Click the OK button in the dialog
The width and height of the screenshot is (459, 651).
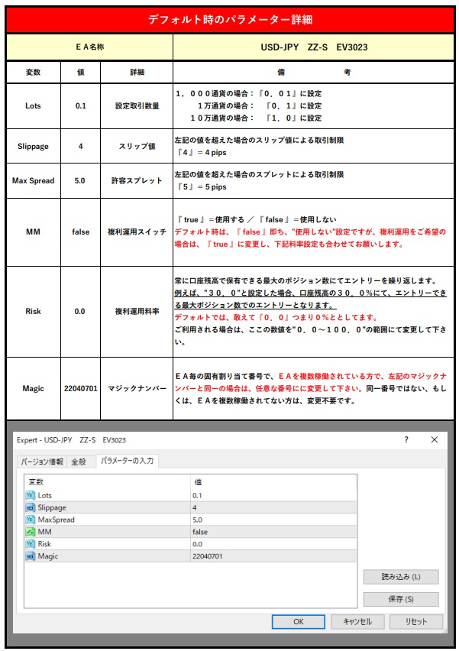[x=298, y=621]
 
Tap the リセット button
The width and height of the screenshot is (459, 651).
[x=416, y=621]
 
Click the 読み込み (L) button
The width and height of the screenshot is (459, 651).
[x=400, y=577]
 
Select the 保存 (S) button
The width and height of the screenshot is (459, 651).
[x=400, y=599]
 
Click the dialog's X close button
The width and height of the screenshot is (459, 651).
[x=434, y=440]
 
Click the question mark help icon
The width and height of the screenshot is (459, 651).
[x=406, y=440]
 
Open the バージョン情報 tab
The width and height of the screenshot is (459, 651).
[x=43, y=462]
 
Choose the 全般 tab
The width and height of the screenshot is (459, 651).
[x=79, y=462]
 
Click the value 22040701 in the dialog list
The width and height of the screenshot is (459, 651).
[x=208, y=556]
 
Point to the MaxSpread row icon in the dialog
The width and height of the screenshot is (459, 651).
[x=31, y=520]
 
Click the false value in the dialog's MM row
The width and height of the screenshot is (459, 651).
[x=200, y=532]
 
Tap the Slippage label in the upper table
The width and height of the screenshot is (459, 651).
[x=33, y=145]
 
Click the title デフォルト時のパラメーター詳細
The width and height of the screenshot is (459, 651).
[x=230, y=20]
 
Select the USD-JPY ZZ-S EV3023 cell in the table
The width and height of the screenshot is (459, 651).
[x=314, y=47]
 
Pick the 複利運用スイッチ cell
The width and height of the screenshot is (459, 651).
[x=137, y=232]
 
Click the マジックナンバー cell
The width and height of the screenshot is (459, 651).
[x=137, y=388]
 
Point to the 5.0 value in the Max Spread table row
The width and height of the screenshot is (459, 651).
[x=81, y=180]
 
